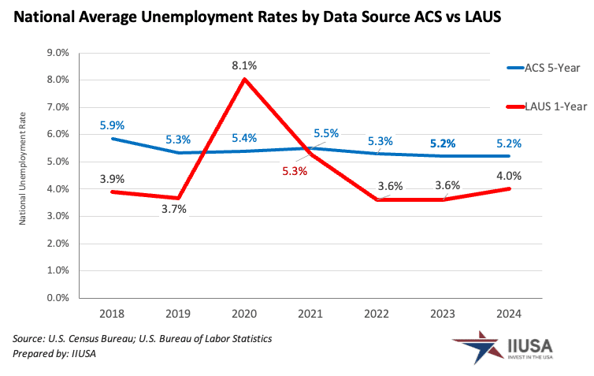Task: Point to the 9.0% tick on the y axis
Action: click(60, 53)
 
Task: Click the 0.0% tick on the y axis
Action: click(60, 299)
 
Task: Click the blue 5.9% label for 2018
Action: click(112, 125)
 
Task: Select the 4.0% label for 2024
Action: click(508, 175)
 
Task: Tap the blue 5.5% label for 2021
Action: click(325, 134)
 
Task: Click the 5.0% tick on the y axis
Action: click(60, 162)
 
